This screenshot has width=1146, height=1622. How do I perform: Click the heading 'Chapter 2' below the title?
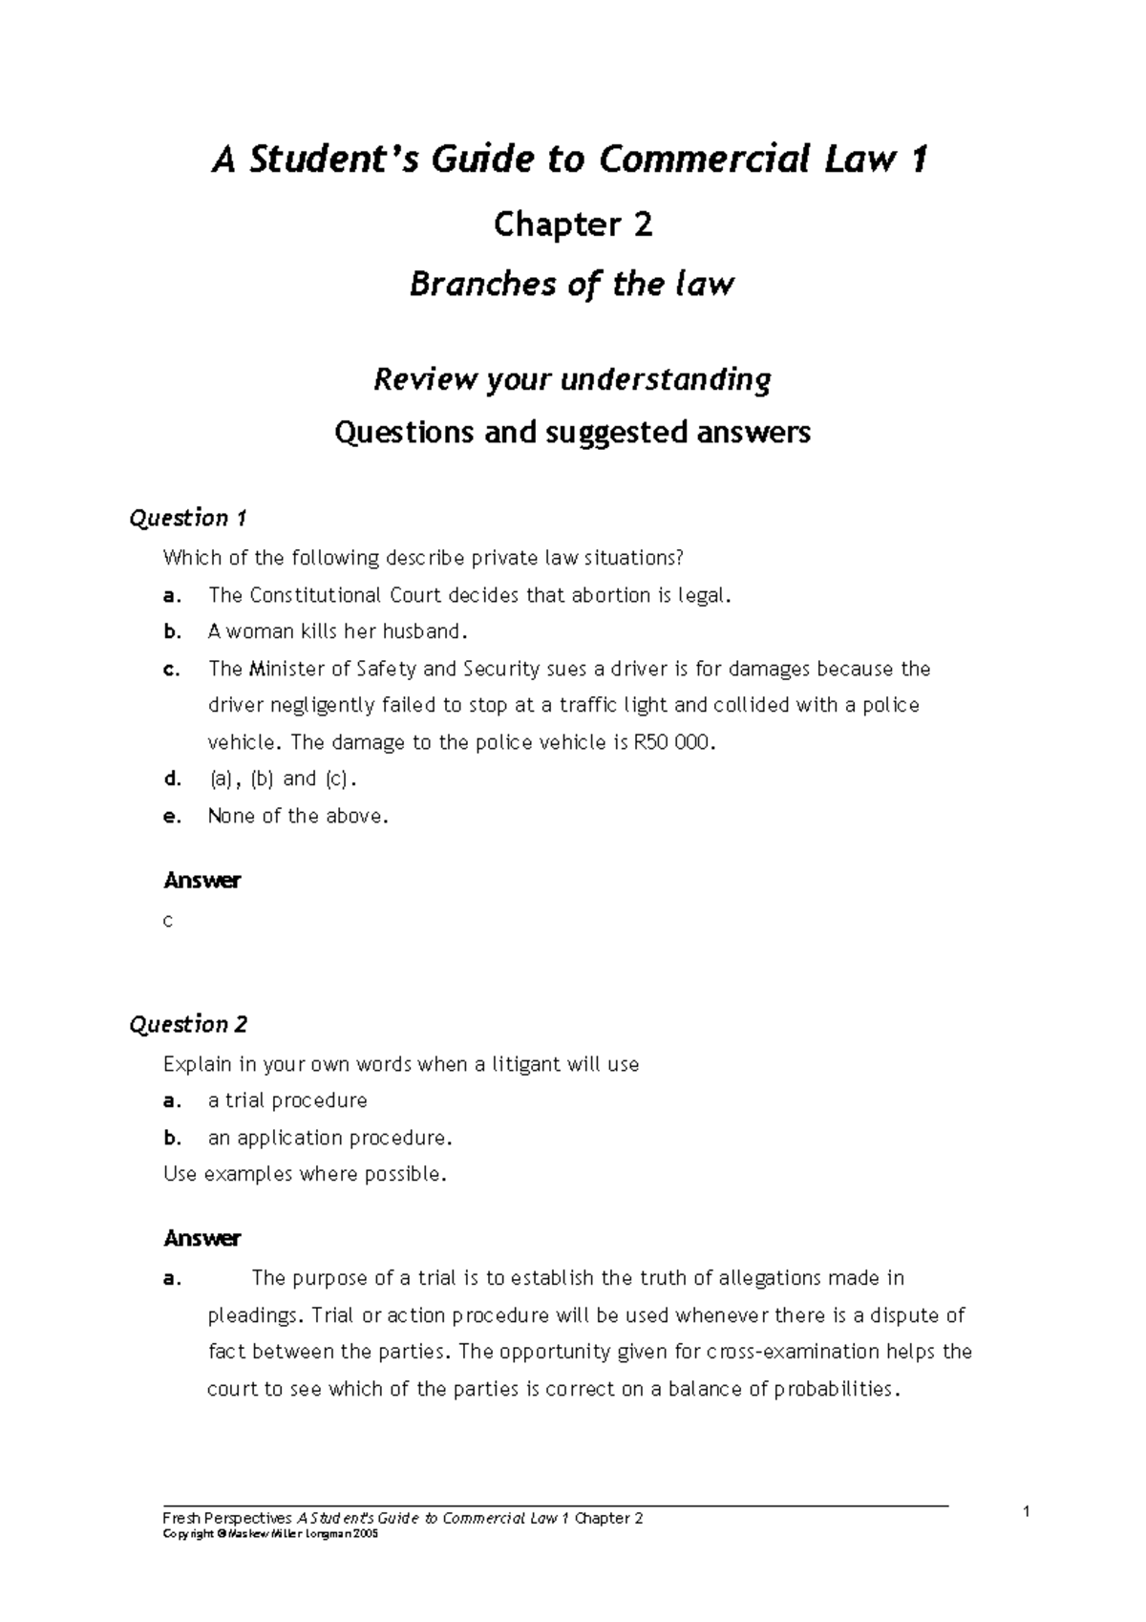(572, 225)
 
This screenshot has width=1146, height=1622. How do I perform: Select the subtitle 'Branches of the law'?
(571, 285)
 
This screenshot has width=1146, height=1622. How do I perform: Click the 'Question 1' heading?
(188, 519)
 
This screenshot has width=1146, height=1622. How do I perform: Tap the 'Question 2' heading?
(188, 1025)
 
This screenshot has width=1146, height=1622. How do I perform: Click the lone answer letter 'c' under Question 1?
(168, 922)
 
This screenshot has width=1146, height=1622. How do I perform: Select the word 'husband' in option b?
(423, 631)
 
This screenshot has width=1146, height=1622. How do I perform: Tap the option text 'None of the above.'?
(298, 816)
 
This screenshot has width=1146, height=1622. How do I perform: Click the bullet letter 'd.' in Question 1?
(172, 779)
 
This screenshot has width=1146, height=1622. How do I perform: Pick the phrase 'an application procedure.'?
(329, 1138)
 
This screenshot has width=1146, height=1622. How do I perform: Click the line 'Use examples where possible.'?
(305, 1174)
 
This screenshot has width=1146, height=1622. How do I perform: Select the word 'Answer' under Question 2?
(202, 1239)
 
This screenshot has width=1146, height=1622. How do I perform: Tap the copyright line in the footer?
(271, 1532)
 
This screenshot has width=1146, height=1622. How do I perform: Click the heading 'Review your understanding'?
(571, 380)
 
